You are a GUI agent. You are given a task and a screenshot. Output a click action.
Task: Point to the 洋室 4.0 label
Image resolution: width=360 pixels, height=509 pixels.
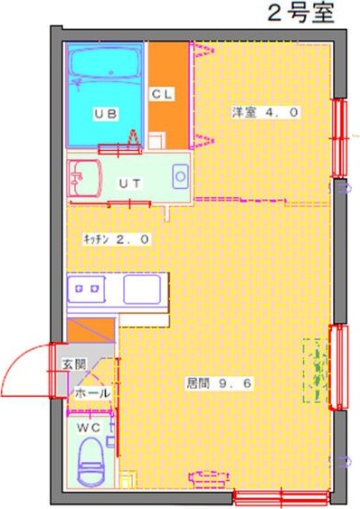click(265, 113)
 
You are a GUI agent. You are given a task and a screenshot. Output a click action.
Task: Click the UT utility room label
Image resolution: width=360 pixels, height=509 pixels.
click(129, 182)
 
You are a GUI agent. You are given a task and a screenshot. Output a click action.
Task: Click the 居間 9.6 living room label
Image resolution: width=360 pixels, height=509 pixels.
click(219, 382)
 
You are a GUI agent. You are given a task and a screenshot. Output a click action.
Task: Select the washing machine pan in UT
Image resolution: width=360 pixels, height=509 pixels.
click(179, 173)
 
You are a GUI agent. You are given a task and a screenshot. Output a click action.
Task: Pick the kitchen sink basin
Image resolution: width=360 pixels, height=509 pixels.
click(141, 291)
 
